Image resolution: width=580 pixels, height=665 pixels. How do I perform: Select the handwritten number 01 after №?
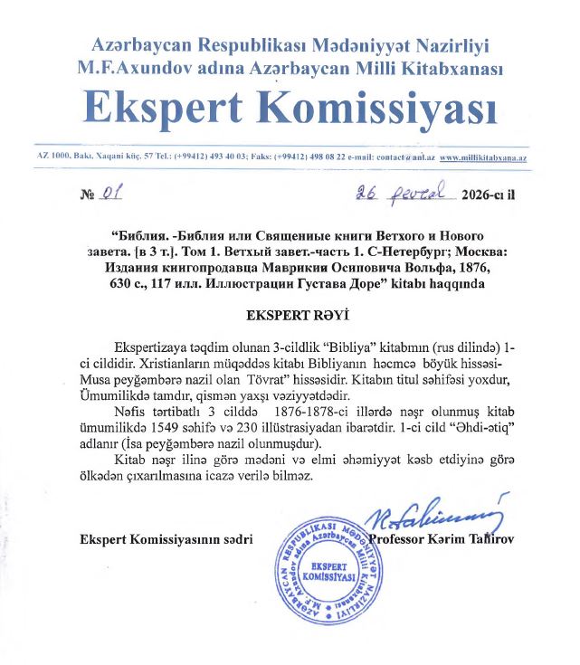[x=112, y=193]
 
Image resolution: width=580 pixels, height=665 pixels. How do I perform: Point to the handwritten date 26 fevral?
[x=394, y=192]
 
